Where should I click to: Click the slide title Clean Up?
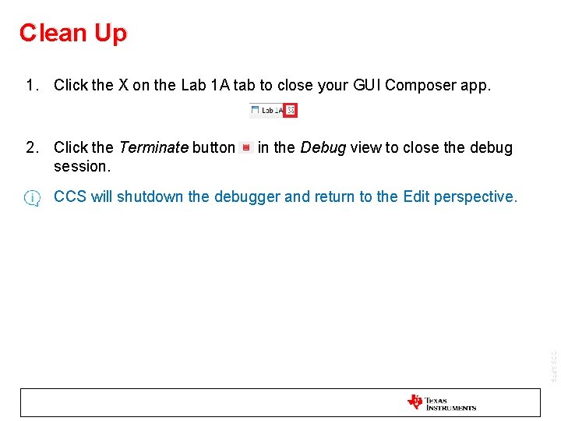coord(72,33)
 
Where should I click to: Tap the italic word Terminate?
coord(153,147)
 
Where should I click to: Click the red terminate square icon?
coord(246,147)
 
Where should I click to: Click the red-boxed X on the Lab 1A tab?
coord(291,111)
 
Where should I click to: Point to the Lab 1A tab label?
coord(269,111)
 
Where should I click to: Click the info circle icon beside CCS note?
coord(32,198)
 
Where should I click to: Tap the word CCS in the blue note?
coord(70,196)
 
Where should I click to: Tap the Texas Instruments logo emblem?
coord(415,402)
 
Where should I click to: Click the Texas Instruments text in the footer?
coord(450,404)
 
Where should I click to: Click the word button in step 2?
coord(213,147)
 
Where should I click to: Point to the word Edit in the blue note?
coord(416,196)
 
